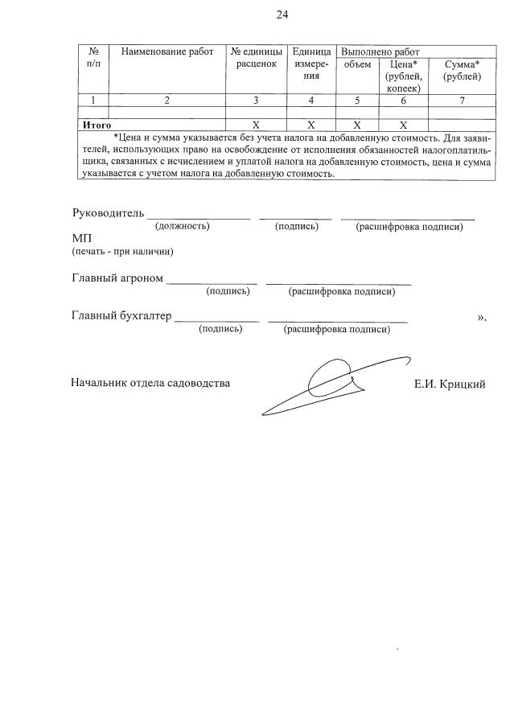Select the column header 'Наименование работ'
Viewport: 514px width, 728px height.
(167, 52)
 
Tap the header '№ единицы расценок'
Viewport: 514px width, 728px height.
(256, 58)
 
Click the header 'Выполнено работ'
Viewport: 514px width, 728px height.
(375, 51)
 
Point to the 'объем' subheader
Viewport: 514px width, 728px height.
(356, 64)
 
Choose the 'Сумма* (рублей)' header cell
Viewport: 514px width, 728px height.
(462, 70)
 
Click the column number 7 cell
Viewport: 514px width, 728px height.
(462, 101)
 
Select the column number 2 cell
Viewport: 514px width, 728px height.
(167, 101)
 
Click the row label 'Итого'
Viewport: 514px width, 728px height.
(97, 125)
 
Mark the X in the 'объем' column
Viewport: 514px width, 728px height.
(356, 125)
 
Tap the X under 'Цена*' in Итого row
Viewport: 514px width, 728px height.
(403, 125)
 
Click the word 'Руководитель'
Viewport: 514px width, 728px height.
(109, 213)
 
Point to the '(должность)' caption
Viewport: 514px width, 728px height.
(183, 227)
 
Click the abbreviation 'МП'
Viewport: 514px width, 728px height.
(82, 239)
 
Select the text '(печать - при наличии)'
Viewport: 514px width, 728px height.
(122, 252)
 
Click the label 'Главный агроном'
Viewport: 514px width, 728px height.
(117, 278)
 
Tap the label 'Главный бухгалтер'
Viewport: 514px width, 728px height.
(121, 316)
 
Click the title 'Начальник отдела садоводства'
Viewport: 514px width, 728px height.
(150, 383)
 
